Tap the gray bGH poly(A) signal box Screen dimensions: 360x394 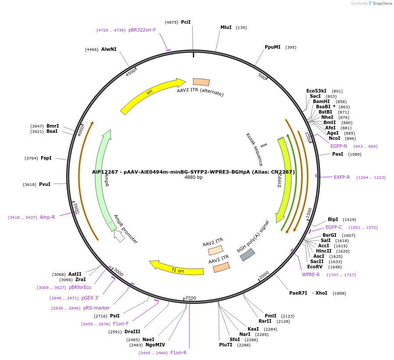[248, 255]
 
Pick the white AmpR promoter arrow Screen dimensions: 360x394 [119, 235]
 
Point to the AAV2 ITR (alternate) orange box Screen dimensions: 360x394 [201, 82]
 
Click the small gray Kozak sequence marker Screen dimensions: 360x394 [263, 145]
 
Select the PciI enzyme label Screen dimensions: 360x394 [186, 22]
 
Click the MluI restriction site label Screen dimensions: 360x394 [226, 27]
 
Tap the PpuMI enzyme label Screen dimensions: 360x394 [273, 47]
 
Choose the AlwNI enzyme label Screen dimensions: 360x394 [109, 49]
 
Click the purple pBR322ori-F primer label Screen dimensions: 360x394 [142, 30]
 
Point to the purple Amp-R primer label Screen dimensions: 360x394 [47, 217]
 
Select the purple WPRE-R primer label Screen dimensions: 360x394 [311, 274]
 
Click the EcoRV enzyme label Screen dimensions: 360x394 [315, 267]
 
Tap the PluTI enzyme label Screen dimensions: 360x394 [226, 345]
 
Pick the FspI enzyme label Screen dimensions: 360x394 [46, 158]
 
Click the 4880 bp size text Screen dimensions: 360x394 [193, 178]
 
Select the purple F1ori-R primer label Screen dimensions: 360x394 [178, 353]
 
